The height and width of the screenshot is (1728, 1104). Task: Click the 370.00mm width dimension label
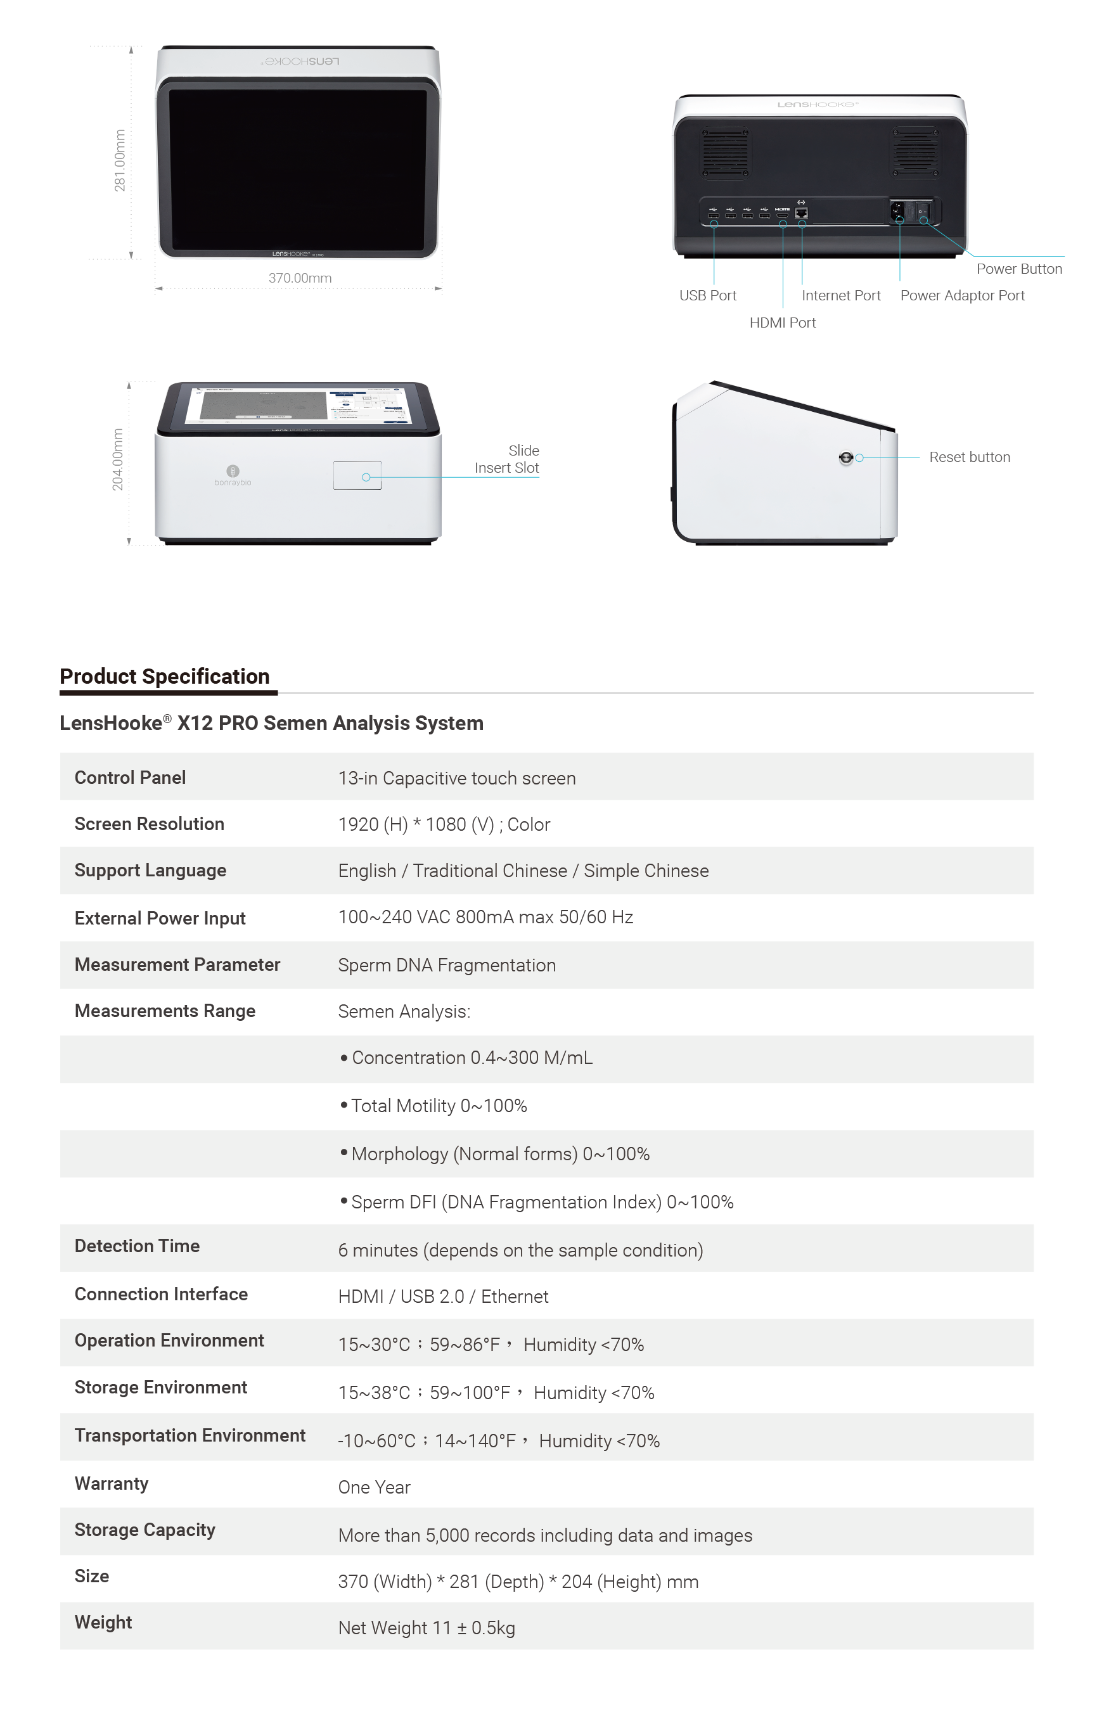click(300, 278)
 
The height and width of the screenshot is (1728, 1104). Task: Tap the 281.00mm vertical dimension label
click(120, 160)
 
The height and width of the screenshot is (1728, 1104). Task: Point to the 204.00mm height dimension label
click(118, 460)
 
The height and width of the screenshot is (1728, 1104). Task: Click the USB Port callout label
click(708, 296)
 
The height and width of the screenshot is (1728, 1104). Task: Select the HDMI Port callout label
click(783, 323)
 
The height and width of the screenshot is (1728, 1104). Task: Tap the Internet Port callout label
click(840, 296)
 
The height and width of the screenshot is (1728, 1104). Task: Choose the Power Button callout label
click(1018, 269)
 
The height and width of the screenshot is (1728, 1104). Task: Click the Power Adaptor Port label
click(962, 296)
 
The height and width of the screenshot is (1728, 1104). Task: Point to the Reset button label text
click(969, 457)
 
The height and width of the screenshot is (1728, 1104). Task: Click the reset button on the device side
click(845, 458)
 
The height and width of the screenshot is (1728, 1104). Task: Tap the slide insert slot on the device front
click(357, 476)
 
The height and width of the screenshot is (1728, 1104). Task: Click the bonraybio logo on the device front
click(233, 475)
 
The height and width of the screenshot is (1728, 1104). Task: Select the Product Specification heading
click(164, 676)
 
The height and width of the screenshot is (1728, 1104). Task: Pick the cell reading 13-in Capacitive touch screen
click(456, 778)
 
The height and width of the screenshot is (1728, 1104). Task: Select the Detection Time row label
click(137, 1246)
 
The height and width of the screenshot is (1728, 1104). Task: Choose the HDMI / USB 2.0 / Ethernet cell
click(443, 1296)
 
